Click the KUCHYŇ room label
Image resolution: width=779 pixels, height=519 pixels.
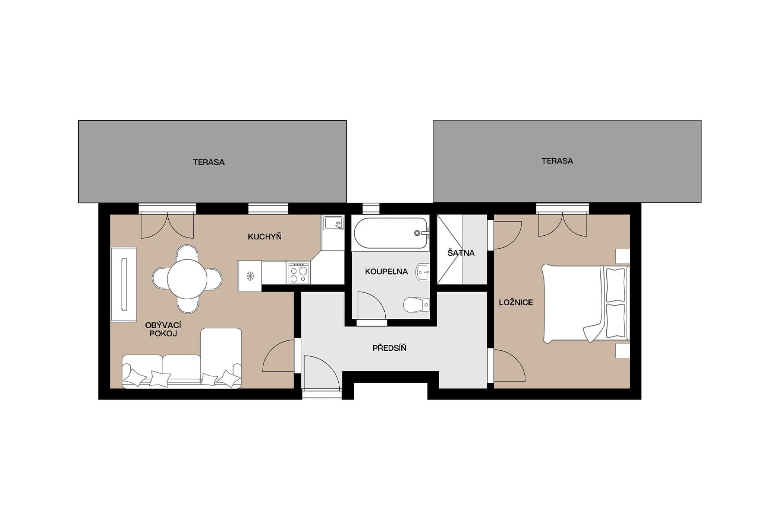(x=264, y=237)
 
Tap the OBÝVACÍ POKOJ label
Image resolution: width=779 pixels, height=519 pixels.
(x=163, y=329)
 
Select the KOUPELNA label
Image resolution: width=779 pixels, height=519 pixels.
(x=386, y=272)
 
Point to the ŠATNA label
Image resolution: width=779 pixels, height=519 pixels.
(x=461, y=253)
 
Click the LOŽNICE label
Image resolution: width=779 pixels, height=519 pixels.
(x=516, y=302)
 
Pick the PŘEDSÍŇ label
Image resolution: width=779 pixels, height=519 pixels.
(x=389, y=348)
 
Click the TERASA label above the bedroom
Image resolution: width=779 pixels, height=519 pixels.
(x=557, y=161)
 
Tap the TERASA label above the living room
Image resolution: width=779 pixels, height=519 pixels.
(x=209, y=162)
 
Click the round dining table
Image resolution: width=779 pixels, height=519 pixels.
(x=187, y=279)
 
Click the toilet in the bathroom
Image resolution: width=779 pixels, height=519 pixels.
(x=415, y=304)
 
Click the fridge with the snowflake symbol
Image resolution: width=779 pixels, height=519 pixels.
(x=250, y=276)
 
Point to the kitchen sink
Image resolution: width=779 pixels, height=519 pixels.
(x=333, y=224)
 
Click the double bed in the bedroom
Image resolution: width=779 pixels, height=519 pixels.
(x=584, y=303)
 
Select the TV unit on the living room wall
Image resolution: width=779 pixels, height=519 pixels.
(x=123, y=284)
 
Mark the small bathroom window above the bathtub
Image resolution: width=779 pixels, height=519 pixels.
(x=370, y=208)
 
